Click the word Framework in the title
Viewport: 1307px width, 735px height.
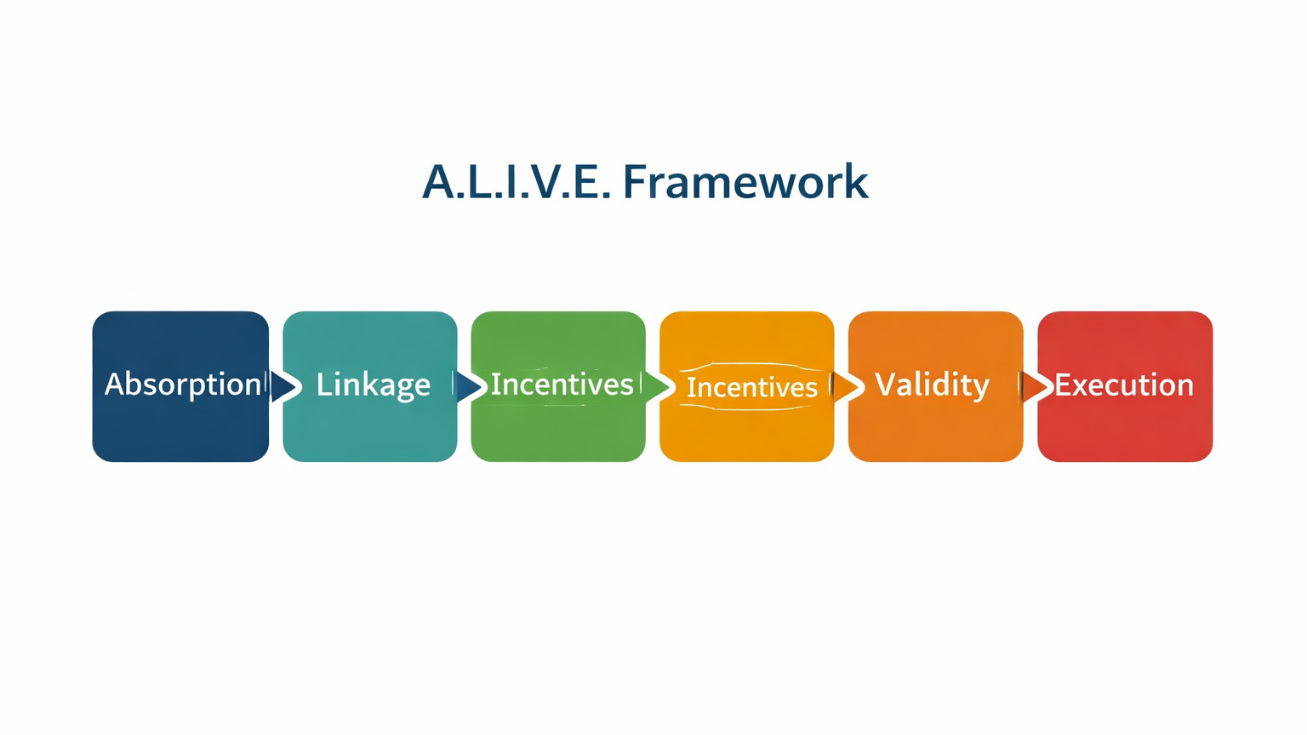point(745,182)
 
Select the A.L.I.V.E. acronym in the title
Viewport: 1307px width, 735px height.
point(517,182)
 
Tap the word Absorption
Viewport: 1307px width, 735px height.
point(183,385)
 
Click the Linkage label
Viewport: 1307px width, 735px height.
point(374,385)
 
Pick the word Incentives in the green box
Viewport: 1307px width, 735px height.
point(562,385)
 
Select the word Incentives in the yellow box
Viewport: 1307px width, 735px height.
point(751,387)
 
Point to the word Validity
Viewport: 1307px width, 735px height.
point(932,385)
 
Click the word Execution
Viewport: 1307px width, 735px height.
point(1124,385)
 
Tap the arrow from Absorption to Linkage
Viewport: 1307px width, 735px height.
point(284,387)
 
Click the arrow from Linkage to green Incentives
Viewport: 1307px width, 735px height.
point(470,387)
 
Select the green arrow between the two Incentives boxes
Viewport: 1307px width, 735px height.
point(658,387)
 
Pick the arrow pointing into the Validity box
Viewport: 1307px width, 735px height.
point(847,387)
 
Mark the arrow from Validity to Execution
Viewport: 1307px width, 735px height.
point(1036,387)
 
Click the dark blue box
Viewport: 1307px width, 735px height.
point(181,386)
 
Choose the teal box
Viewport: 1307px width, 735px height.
point(370,386)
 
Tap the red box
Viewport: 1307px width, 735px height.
point(1125,386)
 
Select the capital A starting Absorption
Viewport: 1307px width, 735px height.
point(116,384)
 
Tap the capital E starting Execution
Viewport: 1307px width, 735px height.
point(1062,385)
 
